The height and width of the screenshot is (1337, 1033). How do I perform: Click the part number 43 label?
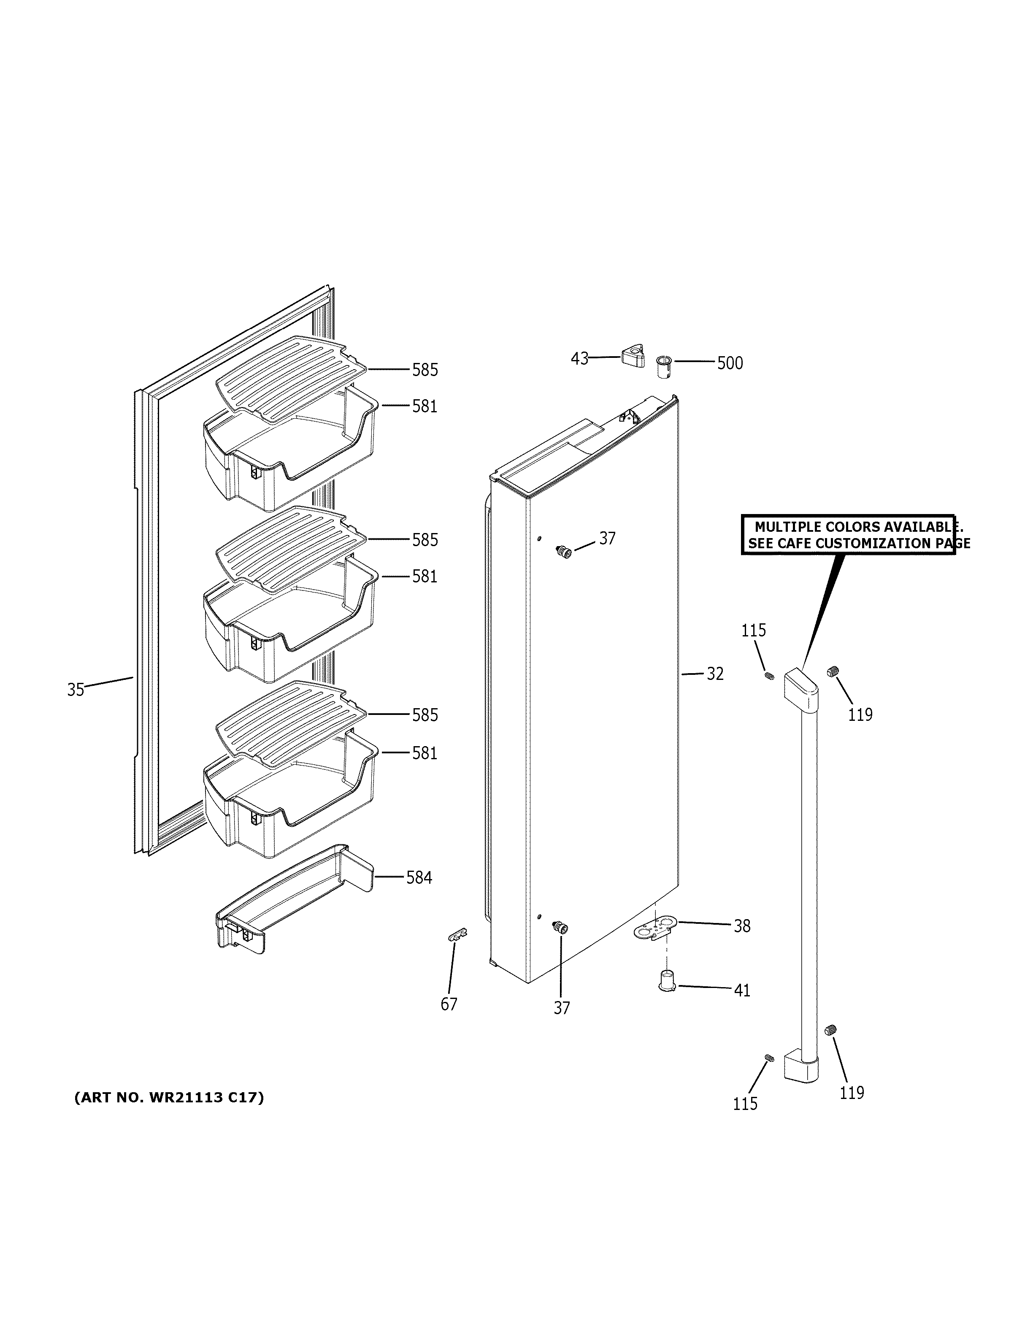[579, 358]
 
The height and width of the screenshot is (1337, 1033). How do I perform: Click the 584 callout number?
[419, 878]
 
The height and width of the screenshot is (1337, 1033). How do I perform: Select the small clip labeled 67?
[457, 951]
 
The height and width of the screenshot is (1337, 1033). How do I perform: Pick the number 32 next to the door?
[715, 674]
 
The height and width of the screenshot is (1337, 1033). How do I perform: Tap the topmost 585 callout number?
[425, 370]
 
